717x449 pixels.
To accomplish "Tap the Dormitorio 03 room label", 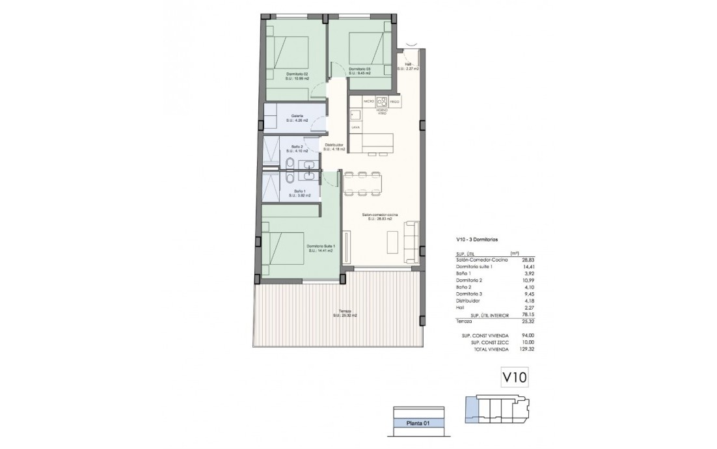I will [359, 69].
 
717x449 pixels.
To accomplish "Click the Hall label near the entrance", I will [409, 64].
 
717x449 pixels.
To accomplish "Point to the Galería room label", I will [297, 116].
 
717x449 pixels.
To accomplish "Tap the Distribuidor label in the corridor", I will [334, 144].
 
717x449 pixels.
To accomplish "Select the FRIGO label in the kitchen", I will [394, 102].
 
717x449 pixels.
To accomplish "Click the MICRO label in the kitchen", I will [368, 102].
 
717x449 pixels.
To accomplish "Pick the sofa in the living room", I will [412, 238].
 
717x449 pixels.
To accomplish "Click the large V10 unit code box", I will [513, 376].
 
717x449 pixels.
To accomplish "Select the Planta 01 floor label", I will [420, 423].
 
